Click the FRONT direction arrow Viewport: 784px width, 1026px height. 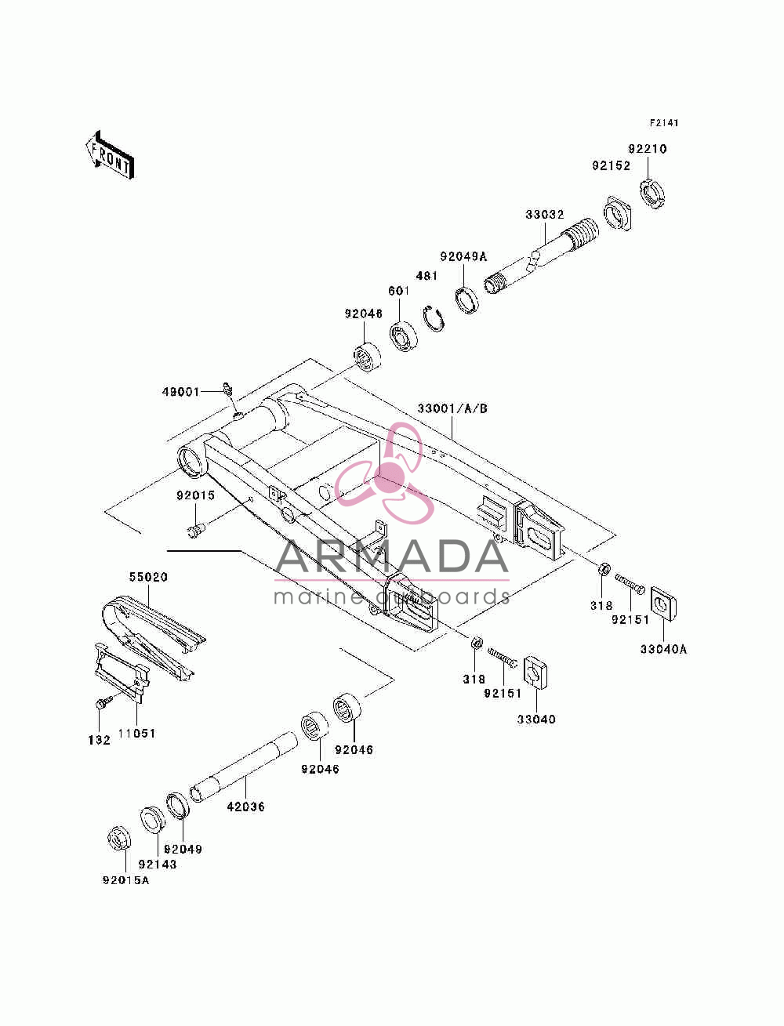click(x=111, y=155)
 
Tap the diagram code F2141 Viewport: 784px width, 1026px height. click(x=663, y=123)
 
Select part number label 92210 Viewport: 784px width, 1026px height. click(x=647, y=149)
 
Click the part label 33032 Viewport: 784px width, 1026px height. click(x=545, y=215)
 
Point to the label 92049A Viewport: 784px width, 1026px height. click(x=463, y=256)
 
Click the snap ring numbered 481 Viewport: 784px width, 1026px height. click(x=434, y=319)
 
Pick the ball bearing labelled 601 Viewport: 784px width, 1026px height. click(x=404, y=336)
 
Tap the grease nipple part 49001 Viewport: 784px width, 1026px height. click(x=227, y=388)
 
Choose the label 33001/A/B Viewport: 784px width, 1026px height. click(x=452, y=408)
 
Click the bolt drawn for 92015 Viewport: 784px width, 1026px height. click(x=197, y=530)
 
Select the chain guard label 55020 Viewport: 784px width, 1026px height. click(x=149, y=577)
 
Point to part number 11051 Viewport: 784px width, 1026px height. click(x=136, y=734)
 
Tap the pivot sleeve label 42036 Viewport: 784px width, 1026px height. click(x=246, y=807)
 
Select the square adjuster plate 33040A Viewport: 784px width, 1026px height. click(x=663, y=604)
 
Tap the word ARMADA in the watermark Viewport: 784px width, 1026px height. click(x=392, y=557)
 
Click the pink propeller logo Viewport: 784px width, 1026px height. click(x=384, y=473)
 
